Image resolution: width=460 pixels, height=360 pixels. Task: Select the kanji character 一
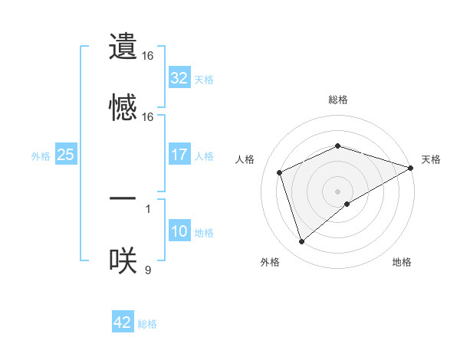[123, 198]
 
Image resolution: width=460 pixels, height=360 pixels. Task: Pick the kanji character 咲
[123, 260]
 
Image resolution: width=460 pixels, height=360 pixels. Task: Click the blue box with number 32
[179, 78]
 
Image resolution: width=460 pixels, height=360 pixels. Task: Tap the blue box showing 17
[179, 155]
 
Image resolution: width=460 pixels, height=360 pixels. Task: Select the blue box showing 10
[179, 231]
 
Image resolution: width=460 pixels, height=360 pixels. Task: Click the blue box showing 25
[65, 155]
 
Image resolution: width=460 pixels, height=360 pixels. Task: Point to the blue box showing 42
[123, 322]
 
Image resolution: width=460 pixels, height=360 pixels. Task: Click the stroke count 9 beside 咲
[148, 270]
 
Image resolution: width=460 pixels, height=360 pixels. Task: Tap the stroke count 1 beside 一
[148, 208]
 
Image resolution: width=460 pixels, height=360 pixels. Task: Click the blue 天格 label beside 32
[204, 80]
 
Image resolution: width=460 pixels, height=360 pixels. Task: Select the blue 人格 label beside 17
[204, 156]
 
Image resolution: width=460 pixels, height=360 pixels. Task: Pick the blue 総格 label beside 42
[147, 324]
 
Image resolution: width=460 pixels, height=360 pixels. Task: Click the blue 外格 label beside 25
[41, 156]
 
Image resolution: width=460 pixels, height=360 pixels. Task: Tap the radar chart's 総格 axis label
[338, 100]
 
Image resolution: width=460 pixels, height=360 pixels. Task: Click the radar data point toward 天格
[411, 167]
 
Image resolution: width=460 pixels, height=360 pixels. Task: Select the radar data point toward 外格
[301, 242]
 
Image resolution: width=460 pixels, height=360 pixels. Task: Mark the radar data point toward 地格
[347, 204]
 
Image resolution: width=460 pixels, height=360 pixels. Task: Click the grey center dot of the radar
[338, 191]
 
